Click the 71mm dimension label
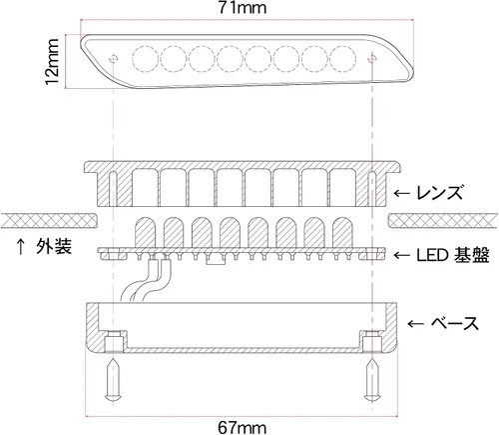243,8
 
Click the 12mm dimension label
52,62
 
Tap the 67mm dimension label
243,427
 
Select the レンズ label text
440,193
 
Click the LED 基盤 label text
453,255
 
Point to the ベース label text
455,323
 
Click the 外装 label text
54,247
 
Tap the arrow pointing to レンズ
402,193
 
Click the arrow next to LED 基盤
402,256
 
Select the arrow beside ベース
415,323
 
